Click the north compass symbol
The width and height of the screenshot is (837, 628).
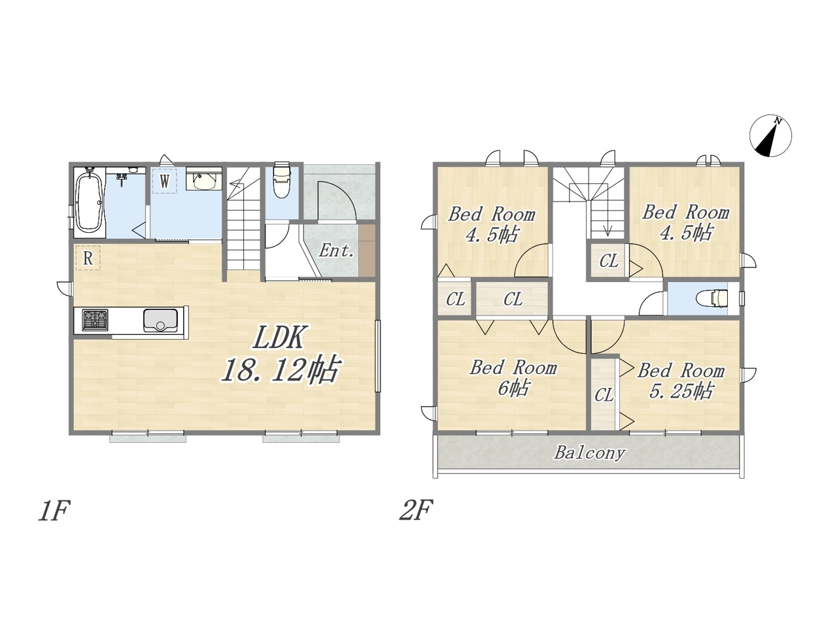(x=770, y=135)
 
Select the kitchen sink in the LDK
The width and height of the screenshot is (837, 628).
(x=160, y=321)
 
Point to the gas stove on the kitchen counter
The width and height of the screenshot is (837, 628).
(x=95, y=319)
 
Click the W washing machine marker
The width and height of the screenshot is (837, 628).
(x=164, y=181)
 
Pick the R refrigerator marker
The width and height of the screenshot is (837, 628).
(x=88, y=258)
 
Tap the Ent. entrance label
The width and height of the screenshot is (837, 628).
(x=336, y=251)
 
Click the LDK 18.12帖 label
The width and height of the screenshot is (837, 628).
(x=280, y=353)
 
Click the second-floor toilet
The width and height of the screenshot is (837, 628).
(x=712, y=298)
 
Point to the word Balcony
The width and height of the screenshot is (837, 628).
(x=590, y=453)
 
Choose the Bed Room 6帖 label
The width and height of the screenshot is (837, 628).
(x=513, y=377)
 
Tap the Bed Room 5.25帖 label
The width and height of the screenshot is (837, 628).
(x=681, y=381)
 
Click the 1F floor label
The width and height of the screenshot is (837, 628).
(x=54, y=511)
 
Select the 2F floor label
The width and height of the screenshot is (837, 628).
(x=416, y=511)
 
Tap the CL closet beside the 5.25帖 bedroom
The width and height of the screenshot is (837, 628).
(x=604, y=395)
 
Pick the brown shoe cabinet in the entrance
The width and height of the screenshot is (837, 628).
(x=367, y=251)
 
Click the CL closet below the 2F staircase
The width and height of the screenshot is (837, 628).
(x=609, y=261)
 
